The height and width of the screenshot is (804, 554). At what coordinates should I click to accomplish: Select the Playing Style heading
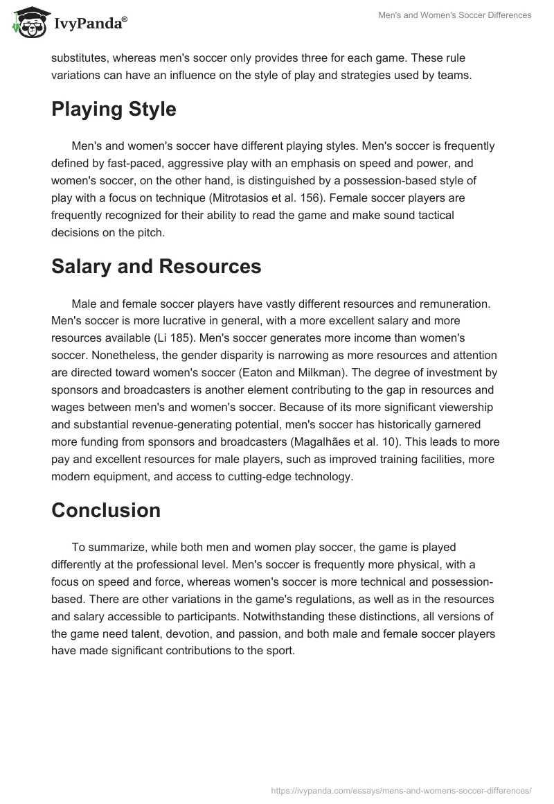[114, 109]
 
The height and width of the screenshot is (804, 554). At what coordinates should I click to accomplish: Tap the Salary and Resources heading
[156, 266]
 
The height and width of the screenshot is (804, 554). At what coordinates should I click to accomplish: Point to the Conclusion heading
[105, 510]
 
